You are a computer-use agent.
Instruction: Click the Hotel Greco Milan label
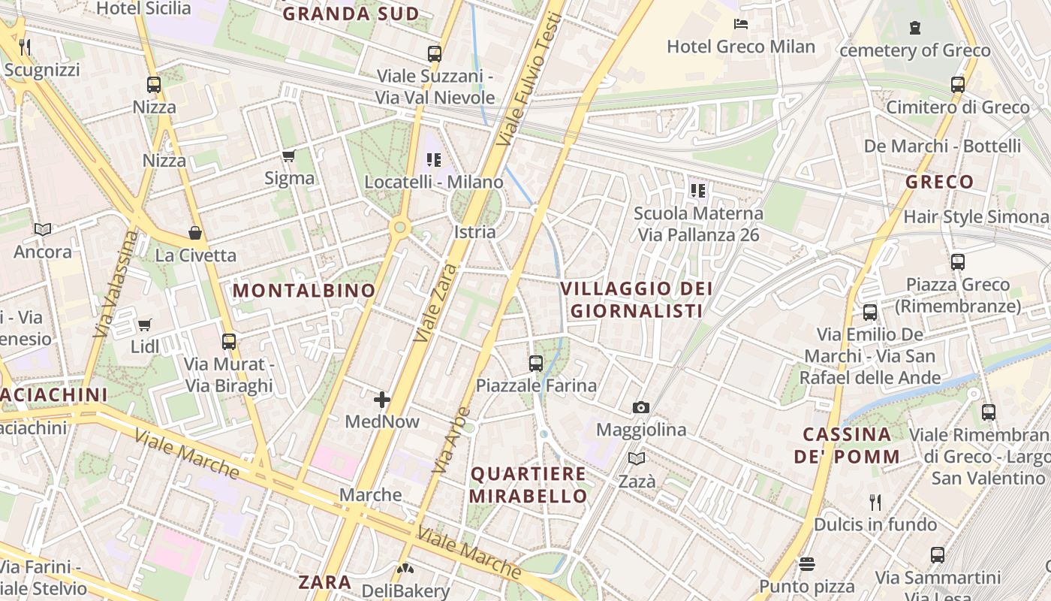740,47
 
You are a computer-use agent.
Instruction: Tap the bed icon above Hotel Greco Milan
740,24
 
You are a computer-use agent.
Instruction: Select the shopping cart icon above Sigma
288,156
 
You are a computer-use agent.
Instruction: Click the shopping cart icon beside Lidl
144,325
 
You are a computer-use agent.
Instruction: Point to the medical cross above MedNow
382,399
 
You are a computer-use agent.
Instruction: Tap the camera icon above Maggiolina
640,407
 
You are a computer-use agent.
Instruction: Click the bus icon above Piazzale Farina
536,364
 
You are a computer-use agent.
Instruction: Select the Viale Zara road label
435,303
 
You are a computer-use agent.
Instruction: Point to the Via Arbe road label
452,439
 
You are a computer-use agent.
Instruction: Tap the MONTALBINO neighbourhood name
304,291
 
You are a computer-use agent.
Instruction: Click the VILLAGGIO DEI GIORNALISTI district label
637,299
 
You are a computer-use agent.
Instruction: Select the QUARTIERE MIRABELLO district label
529,485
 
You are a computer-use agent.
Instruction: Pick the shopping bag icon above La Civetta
195,233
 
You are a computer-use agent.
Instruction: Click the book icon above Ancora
43,229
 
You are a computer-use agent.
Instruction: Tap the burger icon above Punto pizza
807,563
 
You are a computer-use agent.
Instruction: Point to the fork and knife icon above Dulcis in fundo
875,502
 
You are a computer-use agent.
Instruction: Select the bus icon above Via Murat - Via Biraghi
229,342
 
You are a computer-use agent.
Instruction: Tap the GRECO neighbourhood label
939,182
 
